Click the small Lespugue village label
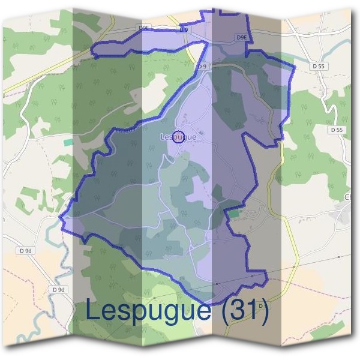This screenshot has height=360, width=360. tap(179, 137)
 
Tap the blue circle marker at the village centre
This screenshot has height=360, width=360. tap(178, 136)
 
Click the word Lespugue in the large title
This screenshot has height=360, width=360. tap(148, 310)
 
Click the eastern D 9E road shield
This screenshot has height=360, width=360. tap(242, 37)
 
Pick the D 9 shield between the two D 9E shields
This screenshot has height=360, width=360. tap(184, 29)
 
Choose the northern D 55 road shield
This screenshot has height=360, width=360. tap(319, 65)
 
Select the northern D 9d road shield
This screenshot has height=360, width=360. tap(25, 250)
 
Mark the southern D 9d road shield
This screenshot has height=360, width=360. tap(58, 289)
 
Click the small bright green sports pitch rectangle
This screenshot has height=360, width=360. tap(233, 213)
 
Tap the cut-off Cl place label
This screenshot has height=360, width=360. tap(346, 197)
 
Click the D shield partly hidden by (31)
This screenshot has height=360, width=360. tap(260, 305)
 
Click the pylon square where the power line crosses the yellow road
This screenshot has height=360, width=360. tap(294, 266)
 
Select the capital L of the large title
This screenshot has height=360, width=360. tap(93, 310)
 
